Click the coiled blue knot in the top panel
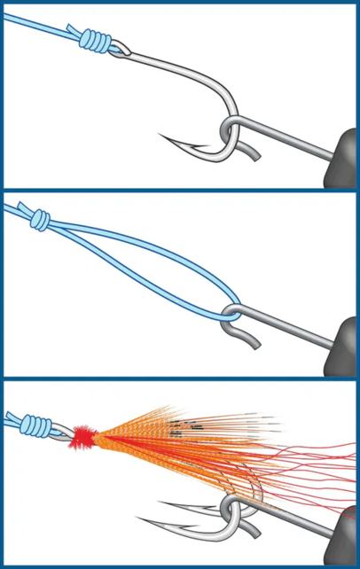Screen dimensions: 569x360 pyautogui.click(x=95, y=41)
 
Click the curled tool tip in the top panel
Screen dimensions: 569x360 pyautogui.click(x=253, y=153)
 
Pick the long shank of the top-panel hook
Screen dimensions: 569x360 pyautogui.click(x=177, y=64)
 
